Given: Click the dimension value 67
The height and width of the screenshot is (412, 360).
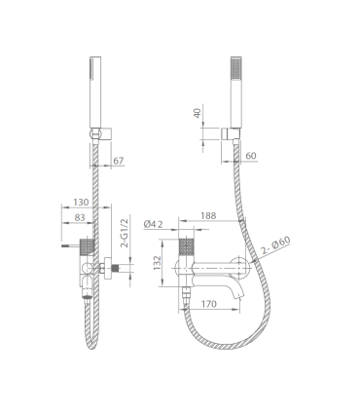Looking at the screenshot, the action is pos(119,161).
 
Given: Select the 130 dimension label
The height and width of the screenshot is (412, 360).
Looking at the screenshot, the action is pos(81,203).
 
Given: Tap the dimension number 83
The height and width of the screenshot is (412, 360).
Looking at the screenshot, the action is pos(80,217).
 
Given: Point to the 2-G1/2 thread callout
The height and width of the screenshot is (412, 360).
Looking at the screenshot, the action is pos(125,233).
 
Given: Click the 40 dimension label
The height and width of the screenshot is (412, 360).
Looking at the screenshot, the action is pos(198,113).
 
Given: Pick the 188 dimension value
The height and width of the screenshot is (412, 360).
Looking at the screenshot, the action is pos(208,215).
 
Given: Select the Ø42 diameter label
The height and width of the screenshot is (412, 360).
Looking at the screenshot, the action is pos(153,224).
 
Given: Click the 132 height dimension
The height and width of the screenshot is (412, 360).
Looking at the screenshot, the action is pos(158,263).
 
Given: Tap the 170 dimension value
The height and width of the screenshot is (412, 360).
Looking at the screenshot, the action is pos(209,304).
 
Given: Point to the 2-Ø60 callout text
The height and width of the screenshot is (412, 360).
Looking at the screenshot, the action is pos(275,245).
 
